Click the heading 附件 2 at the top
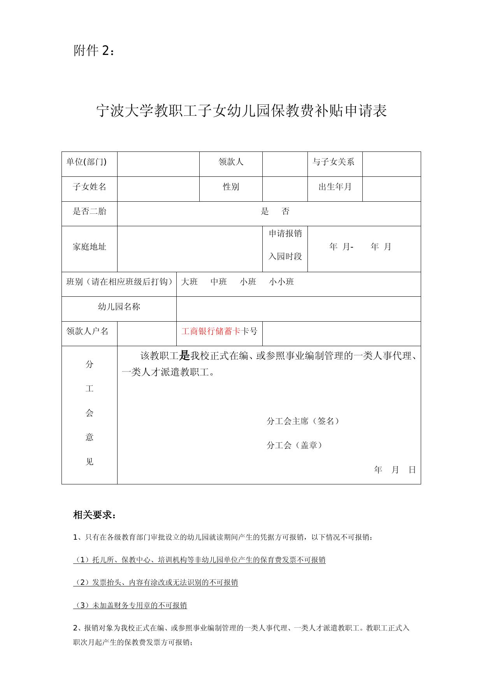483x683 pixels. coord(94,51)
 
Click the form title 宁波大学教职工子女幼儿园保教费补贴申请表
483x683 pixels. coord(241,111)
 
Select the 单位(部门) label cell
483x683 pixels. coord(86,162)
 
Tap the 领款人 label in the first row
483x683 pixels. coord(231,162)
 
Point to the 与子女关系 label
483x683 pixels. coord(334,162)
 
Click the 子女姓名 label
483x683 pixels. coord(90,187)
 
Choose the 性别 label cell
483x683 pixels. coord(231,187)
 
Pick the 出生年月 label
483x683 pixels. coord(335,187)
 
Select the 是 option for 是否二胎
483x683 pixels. coord(265,211)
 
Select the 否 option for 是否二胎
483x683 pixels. coord(286,211)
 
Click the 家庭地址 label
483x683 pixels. coord(90,247)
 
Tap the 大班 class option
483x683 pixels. coord(190,282)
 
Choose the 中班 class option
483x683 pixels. coord(219,282)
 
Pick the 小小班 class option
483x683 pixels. coord(281,282)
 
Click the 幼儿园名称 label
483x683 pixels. coord(119,307)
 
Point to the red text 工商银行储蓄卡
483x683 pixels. coord(211,331)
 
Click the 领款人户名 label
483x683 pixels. coord(88,331)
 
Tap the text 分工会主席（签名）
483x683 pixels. coord(304,421)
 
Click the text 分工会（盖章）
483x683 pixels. coord(295,445)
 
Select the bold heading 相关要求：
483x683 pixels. coord(95,515)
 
